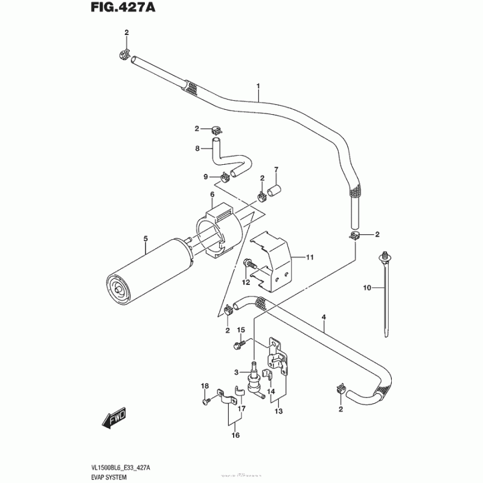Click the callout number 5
click(146, 238)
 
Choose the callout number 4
click(324, 316)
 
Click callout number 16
click(235, 435)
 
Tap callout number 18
click(205, 386)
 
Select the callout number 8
click(197, 148)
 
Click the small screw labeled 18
click(207, 400)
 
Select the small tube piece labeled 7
click(275, 192)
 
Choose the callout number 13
click(278, 411)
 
